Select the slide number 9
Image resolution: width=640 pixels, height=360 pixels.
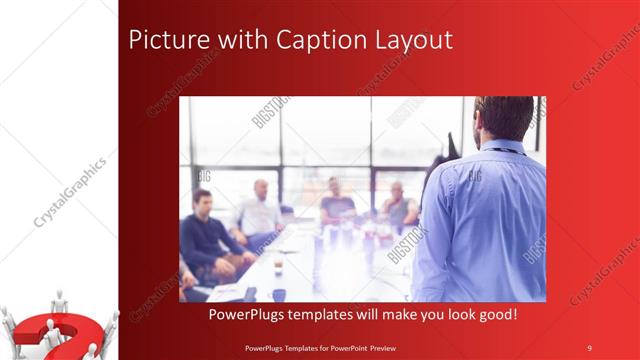589,346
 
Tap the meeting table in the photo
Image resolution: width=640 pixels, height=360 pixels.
300,270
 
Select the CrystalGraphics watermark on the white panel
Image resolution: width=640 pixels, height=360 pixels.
70,190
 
